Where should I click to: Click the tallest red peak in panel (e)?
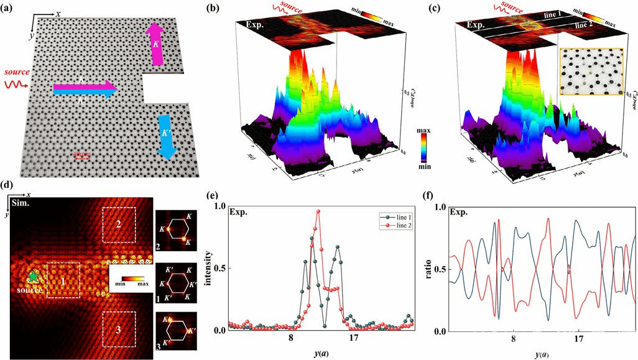[318, 211]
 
